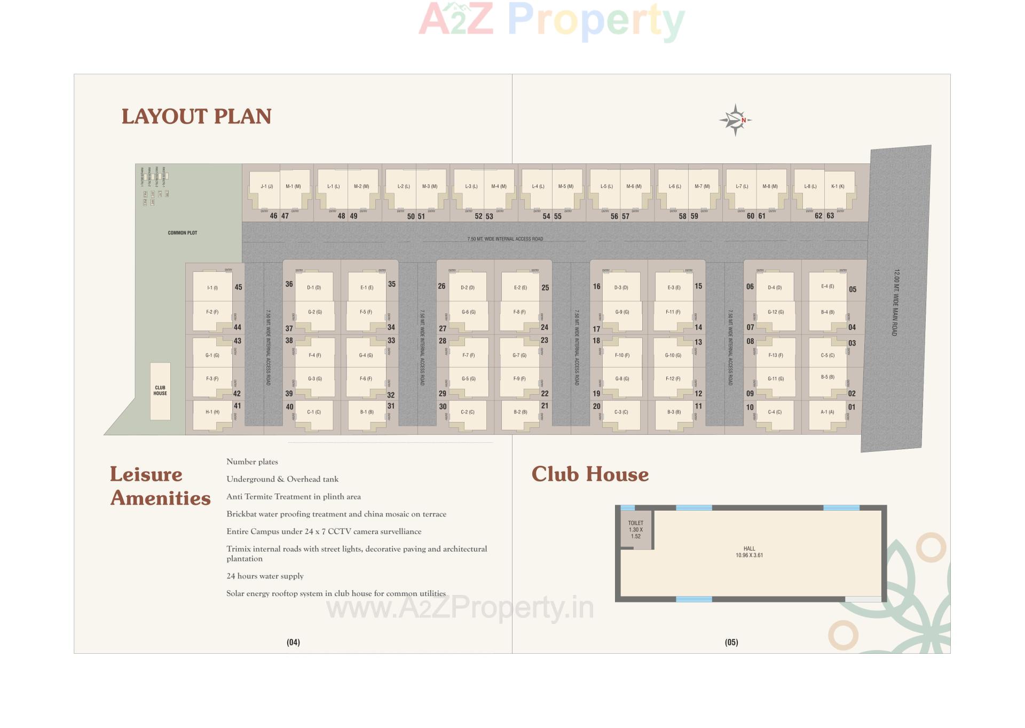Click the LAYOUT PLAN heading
coord(196,116)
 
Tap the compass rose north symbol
coord(736,120)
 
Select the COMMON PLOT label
coord(183,233)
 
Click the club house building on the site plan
coord(160,391)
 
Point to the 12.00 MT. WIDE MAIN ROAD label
coord(895,302)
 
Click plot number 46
coord(273,216)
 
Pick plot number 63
coord(830,216)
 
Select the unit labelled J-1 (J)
coord(266,186)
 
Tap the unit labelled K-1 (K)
coord(838,186)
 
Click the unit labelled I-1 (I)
coord(212,288)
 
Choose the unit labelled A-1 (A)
coord(827,412)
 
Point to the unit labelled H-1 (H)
coord(212,412)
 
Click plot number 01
coord(851,407)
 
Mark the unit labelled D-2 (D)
coord(468,288)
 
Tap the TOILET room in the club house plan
coord(635,530)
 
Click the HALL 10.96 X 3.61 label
coord(749,552)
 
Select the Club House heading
coord(590,474)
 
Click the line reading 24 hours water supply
coord(265,576)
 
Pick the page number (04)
coord(293,642)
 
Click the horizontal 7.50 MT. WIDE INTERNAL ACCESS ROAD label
coord(505,239)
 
